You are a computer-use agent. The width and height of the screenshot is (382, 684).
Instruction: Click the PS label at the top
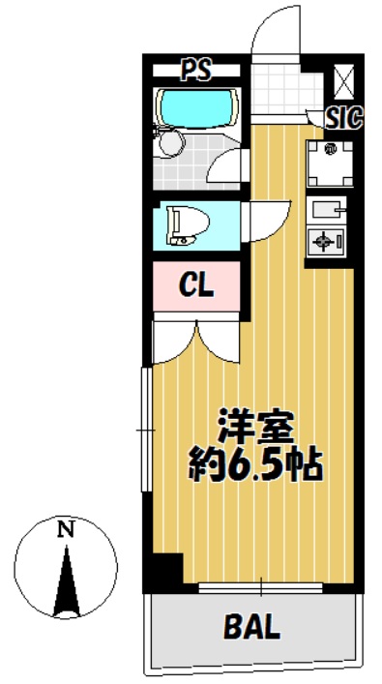pos(196,70)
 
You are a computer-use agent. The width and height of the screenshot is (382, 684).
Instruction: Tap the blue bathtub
pos(198,107)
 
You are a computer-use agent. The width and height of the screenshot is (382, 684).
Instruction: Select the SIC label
pos(344,118)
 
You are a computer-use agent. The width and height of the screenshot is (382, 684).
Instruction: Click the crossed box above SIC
pos(344,81)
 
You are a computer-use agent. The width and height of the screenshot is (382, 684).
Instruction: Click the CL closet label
pos(196,285)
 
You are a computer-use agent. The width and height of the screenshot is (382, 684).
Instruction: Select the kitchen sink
pos(326,210)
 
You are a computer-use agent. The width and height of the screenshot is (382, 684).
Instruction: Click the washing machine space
pos(329,164)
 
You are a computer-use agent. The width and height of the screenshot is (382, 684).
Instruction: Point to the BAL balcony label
pos(251,627)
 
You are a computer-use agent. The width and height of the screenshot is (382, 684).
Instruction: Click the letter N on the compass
pos(66,530)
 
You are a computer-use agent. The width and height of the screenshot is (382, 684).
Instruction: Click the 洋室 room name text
pos(255,430)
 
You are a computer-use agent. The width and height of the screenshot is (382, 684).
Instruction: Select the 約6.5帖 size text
pos(255,466)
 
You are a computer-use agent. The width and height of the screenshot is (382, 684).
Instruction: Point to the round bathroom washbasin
pos(171,143)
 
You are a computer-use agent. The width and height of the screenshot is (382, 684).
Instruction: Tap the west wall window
pos(146,431)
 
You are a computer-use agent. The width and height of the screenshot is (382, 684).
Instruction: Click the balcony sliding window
pos(261,587)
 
